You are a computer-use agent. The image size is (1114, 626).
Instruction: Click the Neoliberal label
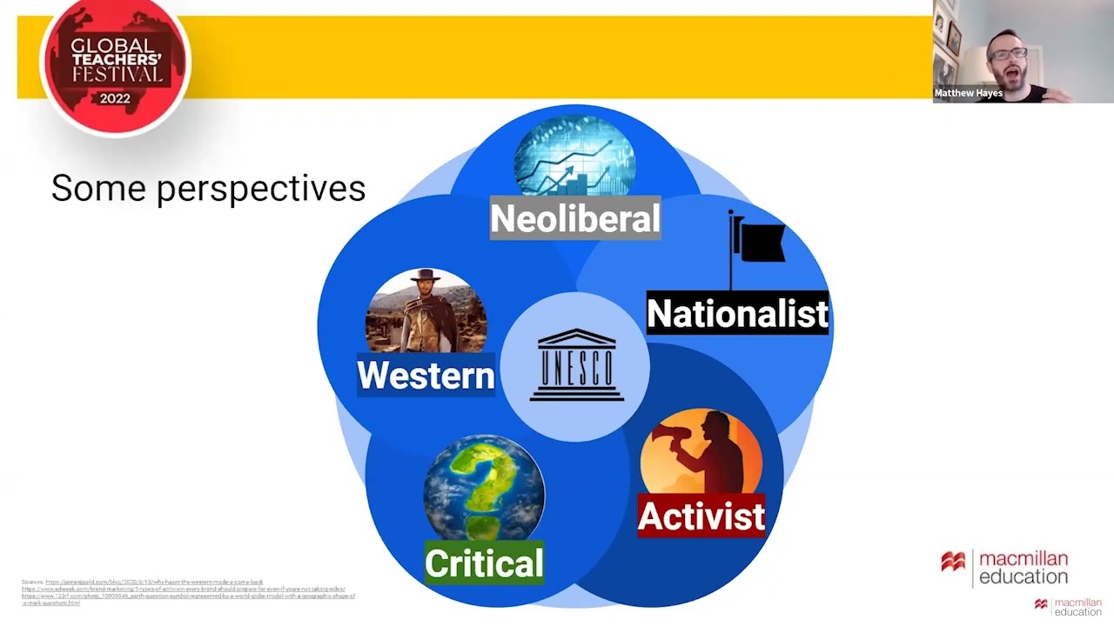click(x=575, y=219)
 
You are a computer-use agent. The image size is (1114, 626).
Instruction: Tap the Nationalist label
click(x=737, y=313)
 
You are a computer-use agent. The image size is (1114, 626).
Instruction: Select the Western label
click(x=426, y=376)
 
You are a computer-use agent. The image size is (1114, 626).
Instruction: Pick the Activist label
click(x=701, y=516)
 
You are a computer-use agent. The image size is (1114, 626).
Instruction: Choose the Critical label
click(x=484, y=563)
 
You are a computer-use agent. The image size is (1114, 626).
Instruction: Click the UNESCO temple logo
click(x=576, y=366)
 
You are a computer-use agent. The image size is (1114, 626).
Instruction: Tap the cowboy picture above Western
click(x=426, y=310)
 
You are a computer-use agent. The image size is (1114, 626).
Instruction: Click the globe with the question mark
click(x=484, y=487)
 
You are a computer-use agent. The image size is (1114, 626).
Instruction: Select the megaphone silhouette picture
click(x=701, y=452)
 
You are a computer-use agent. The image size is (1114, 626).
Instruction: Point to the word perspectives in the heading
click(x=261, y=189)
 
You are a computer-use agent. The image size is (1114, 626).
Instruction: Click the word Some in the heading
click(x=99, y=189)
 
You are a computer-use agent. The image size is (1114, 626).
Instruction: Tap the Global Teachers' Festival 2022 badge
click(x=115, y=67)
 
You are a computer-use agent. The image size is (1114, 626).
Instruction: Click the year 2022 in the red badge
click(x=115, y=98)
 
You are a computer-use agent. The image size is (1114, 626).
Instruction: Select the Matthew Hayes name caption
click(x=968, y=93)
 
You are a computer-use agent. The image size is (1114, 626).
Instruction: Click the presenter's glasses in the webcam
click(x=1010, y=54)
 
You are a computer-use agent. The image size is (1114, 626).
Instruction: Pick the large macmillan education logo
click(x=1005, y=567)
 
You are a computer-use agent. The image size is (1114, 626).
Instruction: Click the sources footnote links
click(x=187, y=592)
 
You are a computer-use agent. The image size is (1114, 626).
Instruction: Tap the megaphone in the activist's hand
click(x=679, y=435)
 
